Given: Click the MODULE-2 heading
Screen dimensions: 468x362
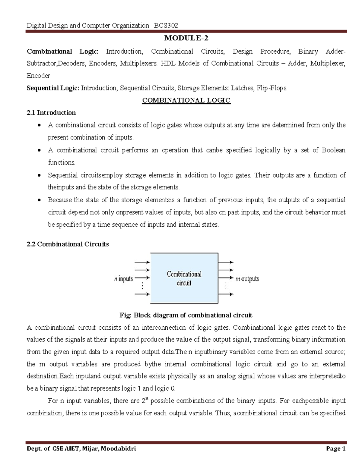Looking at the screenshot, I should click(186, 38).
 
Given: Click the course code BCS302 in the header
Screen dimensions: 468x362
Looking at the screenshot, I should click(166, 25).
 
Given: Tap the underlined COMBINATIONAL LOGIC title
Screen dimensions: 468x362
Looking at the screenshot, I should click(186, 100).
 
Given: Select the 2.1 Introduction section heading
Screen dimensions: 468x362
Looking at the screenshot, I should click(51, 113).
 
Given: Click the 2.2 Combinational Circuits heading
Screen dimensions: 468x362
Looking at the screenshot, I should click(68, 244).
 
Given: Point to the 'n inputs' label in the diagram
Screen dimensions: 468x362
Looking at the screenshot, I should click(124, 279).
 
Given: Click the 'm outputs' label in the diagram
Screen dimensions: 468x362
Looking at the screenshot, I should click(247, 279).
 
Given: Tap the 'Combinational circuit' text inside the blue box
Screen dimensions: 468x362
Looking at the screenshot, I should click(184, 278).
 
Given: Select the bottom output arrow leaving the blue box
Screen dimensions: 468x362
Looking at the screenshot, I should click(225, 294).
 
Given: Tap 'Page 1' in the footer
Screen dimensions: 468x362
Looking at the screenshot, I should click(335, 449).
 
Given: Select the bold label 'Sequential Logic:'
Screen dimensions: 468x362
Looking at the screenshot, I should click(53, 88).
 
